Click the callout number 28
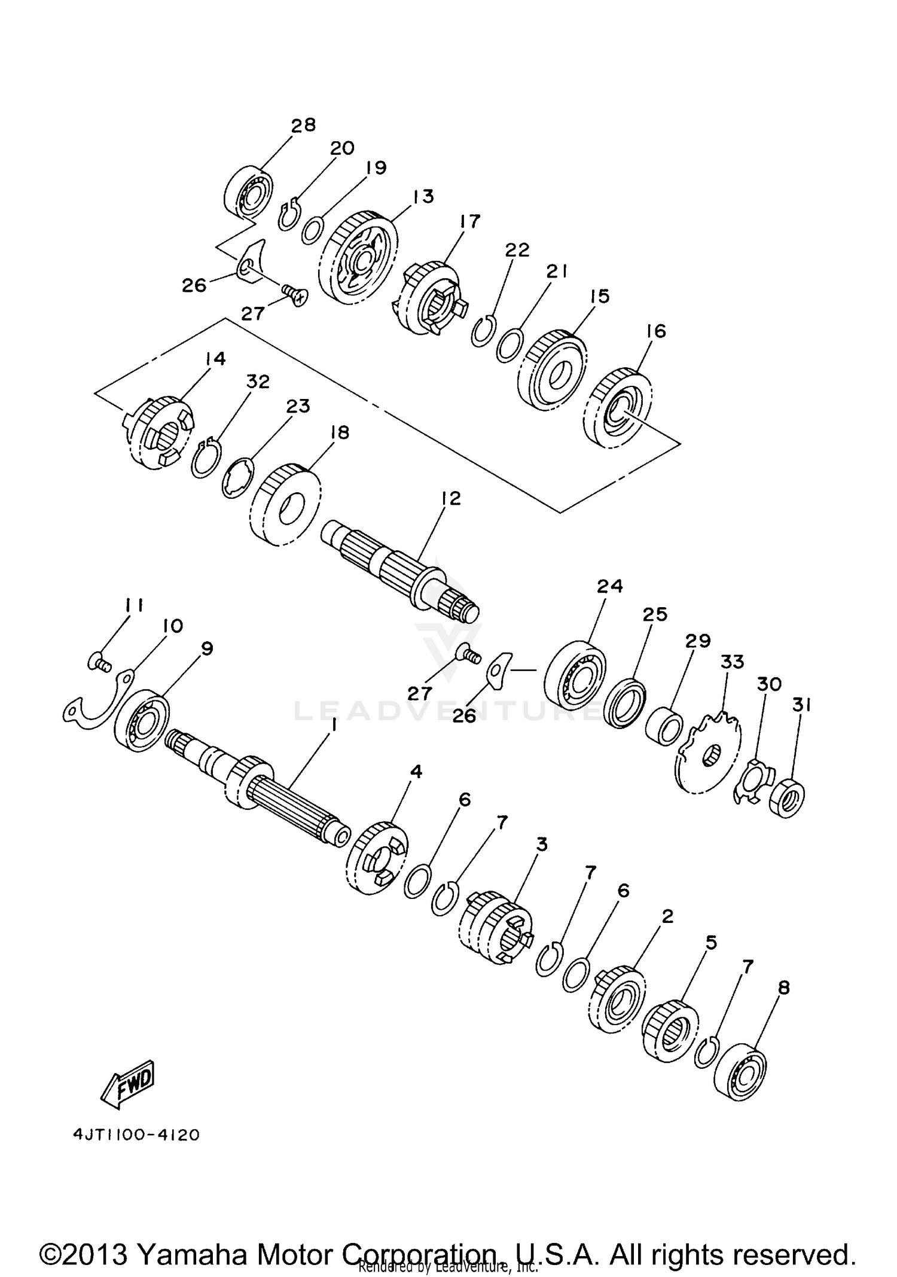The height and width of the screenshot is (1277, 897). coord(303,125)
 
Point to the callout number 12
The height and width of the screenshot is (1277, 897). coord(451,498)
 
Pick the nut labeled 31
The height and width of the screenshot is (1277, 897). coord(787,797)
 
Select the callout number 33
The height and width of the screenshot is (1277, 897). coord(733,662)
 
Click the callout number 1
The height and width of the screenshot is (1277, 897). coord(334,725)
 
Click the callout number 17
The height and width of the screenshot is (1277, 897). coord(470,221)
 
